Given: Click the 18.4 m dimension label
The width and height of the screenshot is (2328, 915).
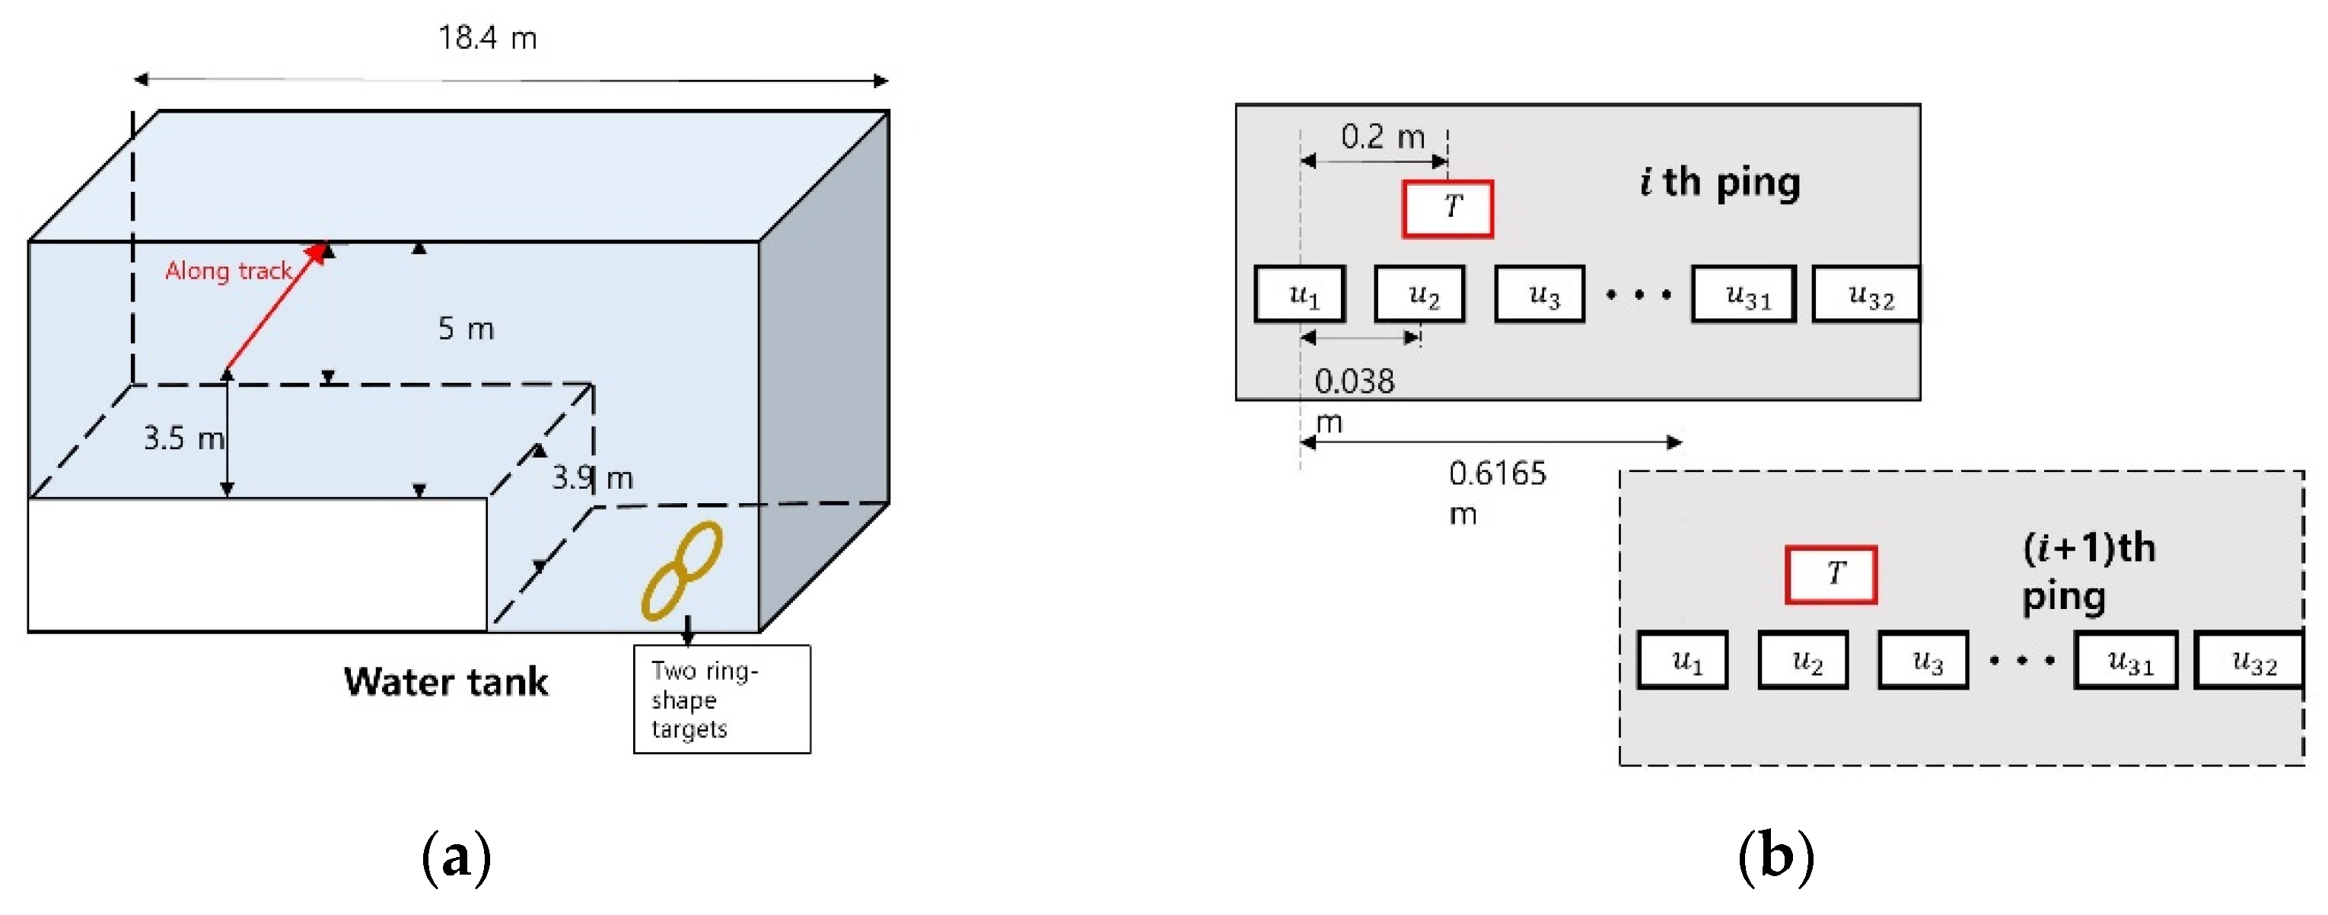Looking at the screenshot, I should pyautogui.click(x=487, y=38).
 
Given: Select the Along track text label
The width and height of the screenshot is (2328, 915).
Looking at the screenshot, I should pyautogui.click(x=228, y=270).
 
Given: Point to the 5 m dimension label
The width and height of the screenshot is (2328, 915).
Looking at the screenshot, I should pyautogui.click(x=466, y=328).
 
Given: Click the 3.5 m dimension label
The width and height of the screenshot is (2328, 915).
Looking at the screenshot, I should pyautogui.click(x=183, y=438).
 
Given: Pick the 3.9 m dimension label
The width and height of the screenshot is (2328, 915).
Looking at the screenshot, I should pyautogui.click(x=592, y=477).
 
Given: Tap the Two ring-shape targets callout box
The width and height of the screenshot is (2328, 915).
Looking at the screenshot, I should pyautogui.click(x=721, y=699).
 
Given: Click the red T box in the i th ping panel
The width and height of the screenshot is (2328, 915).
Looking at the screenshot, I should pyautogui.click(x=1447, y=209).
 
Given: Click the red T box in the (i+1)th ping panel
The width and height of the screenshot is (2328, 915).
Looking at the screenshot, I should pyautogui.click(x=1830, y=574).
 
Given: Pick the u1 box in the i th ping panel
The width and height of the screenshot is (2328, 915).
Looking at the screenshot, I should pyautogui.click(x=1300, y=294).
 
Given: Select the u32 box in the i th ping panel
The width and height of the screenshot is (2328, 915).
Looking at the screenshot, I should pyautogui.click(x=1866, y=294).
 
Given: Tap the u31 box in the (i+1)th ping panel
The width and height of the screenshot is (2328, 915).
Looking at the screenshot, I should pyautogui.click(x=2126, y=660).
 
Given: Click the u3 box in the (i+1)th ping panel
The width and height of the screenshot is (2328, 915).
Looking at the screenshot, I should pyautogui.click(x=1922, y=660).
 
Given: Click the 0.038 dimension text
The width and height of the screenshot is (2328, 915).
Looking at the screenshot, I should pyautogui.click(x=1354, y=381).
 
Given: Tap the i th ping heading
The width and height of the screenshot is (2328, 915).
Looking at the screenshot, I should pyautogui.click(x=1720, y=183).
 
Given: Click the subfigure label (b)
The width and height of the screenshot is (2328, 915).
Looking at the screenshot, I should pyautogui.click(x=1775, y=856).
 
